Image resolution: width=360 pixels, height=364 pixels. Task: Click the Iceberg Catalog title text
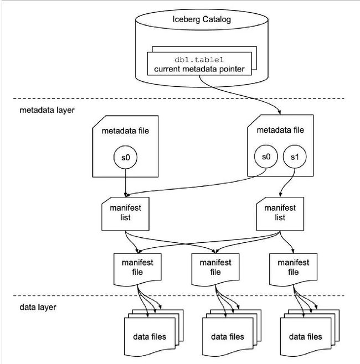click(x=202, y=19)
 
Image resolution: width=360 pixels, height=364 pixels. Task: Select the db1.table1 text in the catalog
click(x=199, y=60)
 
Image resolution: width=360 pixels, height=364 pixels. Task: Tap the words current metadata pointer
click(x=199, y=69)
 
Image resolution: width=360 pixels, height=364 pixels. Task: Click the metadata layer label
click(x=47, y=110)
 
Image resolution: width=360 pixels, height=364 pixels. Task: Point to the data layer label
click(x=38, y=307)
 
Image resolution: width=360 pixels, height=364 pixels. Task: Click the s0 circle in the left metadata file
click(x=126, y=157)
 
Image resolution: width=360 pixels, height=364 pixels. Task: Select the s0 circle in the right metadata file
click(x=266, y=157)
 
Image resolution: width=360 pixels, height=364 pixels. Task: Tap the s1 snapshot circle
click(x=295, y=157)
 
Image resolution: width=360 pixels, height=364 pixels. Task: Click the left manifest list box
click(x=125, y=214)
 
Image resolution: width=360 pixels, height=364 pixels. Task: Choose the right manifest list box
click(x=280, y=214)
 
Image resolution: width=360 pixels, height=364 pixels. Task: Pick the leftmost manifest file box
click(x=137, y=269)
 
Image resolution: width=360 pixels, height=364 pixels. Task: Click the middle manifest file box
click(x=215, y=269)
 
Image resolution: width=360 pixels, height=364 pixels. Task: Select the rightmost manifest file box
click(x=294, y=269)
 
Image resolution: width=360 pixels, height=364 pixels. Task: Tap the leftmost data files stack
click(x=154, y=332)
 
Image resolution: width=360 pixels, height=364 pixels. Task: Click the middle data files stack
click(x=232, y=332)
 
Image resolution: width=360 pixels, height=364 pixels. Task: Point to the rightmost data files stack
click(x=310, y=332)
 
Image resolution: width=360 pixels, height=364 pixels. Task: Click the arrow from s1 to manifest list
click(x=288, y=182)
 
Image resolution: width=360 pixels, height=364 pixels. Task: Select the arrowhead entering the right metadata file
click(x=279, y=112)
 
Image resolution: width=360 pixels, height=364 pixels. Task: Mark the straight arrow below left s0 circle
click(x=126, y=183)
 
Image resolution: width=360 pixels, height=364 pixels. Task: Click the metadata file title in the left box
click(x=125, y=131)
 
